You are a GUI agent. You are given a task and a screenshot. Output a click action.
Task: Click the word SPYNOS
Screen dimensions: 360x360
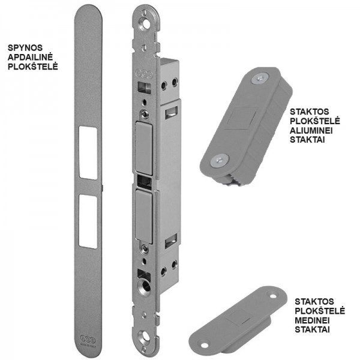coord(25,48)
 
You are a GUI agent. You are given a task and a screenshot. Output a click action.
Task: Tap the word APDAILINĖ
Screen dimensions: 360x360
coord(31,57)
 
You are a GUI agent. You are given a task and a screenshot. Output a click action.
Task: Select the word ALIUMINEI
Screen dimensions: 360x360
coord(311,130)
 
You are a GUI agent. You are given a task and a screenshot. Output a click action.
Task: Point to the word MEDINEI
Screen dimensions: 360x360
coord(312,320)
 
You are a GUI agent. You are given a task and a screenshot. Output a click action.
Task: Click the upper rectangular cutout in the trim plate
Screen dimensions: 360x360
coord(88,152)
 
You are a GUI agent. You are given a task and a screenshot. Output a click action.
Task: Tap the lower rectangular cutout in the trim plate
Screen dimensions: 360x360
coord(88,221)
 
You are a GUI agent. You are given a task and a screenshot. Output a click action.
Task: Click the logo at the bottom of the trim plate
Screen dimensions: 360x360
coord(88,338)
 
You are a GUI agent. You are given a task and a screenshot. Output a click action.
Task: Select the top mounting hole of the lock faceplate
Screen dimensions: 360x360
coord(146,24)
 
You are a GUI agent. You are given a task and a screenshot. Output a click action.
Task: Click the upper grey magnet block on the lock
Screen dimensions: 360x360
coord(144,149)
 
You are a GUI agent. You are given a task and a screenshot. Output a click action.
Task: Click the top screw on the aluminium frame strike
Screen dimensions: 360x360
coord(260,79)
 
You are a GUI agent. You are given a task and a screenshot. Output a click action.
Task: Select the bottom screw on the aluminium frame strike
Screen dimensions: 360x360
coord(220,160)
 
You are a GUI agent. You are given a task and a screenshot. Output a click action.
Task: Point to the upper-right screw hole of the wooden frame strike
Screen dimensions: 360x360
coord(273,296)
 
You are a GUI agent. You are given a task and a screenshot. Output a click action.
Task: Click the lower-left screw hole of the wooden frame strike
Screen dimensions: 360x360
coord(205,345)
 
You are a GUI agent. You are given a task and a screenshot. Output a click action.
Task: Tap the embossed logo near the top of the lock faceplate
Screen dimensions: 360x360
coord(145,74)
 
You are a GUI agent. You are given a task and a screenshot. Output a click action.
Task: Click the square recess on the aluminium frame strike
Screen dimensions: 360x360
coord(241,118)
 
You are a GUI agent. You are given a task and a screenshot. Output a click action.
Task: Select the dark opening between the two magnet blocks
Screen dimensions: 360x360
coord(145,183)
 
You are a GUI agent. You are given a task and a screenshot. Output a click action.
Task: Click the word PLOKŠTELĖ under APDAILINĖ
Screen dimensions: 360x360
coord(32,67)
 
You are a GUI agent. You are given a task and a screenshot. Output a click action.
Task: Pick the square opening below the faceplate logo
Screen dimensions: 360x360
coord(144,88)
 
